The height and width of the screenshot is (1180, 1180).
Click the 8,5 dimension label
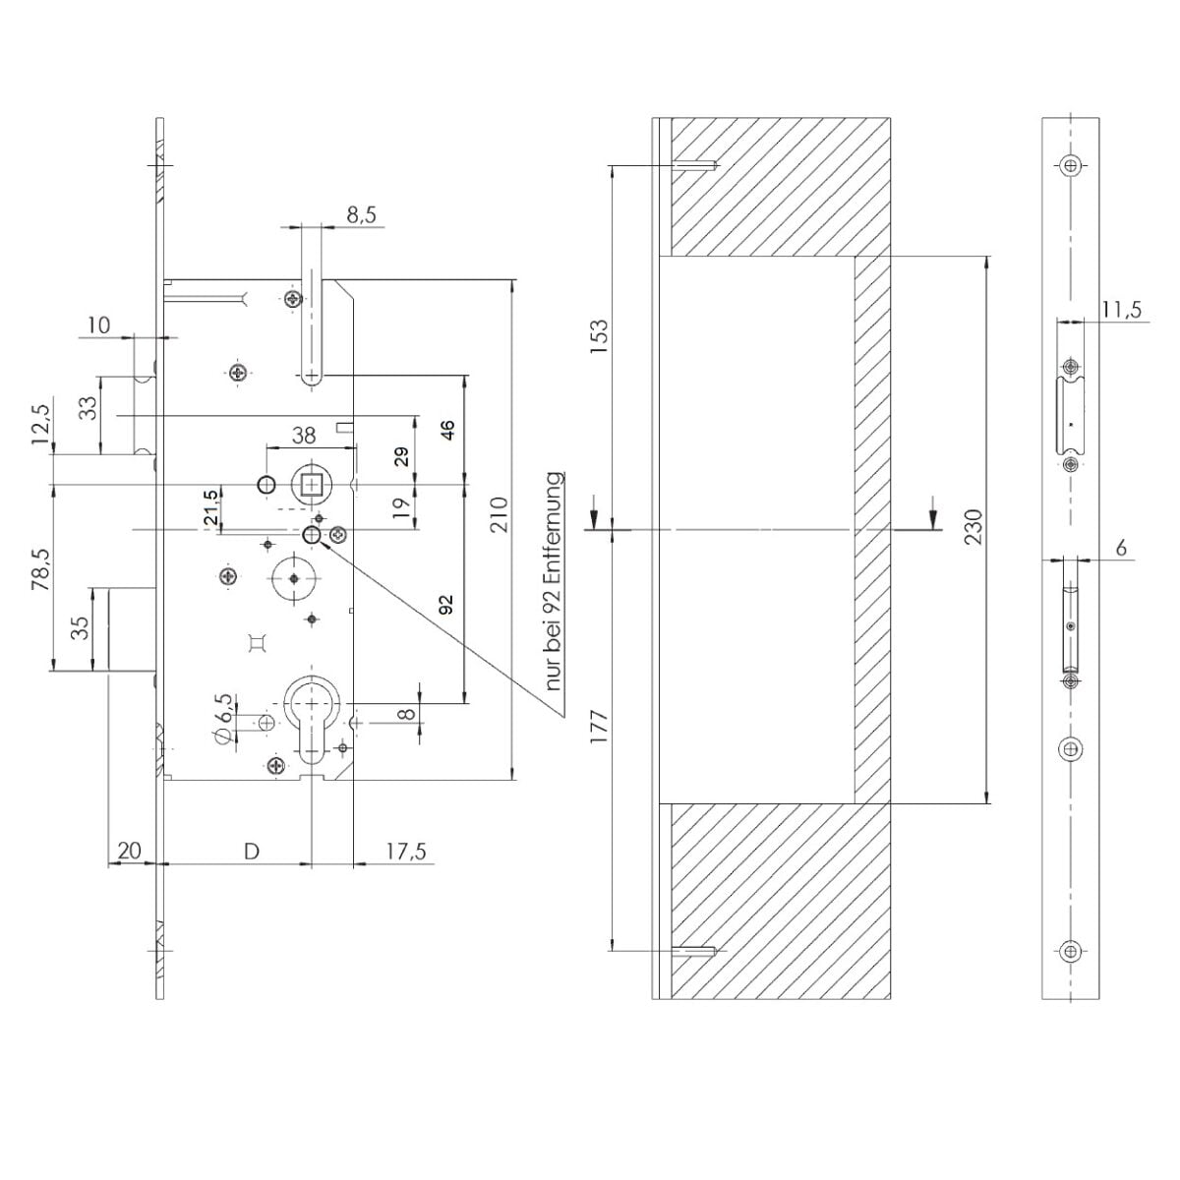(x=361, y=215)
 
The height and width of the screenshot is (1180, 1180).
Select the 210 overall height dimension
(x=501, y=514)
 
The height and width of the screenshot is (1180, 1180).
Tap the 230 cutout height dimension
(x=973, y=527)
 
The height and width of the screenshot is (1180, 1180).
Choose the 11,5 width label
(x=1122, y=310)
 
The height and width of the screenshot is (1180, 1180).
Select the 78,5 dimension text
(x=41, y=569)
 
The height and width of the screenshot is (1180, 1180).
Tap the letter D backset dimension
(x=252, y=851)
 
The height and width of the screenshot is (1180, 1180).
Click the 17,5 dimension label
(x=406, y=852)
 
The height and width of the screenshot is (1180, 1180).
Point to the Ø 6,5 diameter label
(x=223, y=719)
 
